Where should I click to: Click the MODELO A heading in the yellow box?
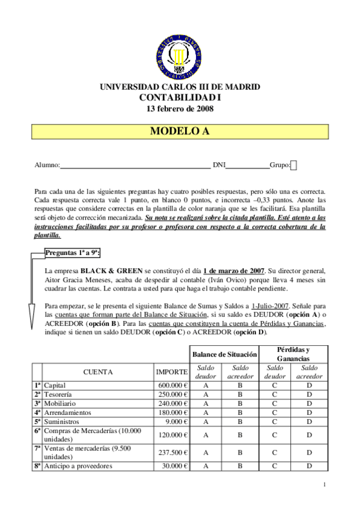pyautogui.click(x=180, y=132)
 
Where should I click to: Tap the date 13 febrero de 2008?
pyautogui.click(x=180, y=109)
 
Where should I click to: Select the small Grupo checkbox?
pyautogui.click(x=293, y=165)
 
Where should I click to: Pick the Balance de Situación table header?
pyautogui.click(x=224, y=354)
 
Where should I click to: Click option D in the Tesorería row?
pyautogui.click(x=310, y=395)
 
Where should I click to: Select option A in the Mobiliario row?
pyautogui.click(x=206, y=404)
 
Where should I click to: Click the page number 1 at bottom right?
pyautogui.click(x=324, y=484)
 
